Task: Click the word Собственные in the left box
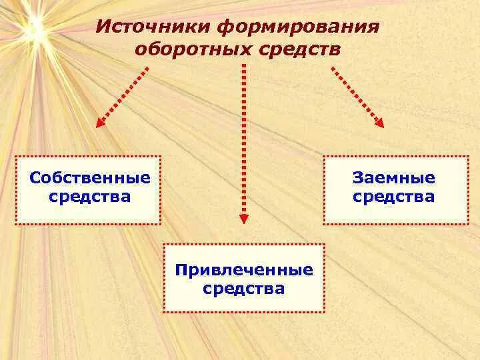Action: (x=90, y=178)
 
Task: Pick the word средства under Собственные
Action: (x=90, y=197)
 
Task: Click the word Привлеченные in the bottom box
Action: (x=244, y=270)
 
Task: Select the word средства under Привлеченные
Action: (x=244, y=289)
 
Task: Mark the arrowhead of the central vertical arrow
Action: (x=244, y=217)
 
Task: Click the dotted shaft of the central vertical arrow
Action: (x=244, y=133)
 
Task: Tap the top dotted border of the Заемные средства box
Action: (x=396, y=157)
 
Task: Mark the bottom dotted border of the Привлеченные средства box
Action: (x=244, y=311)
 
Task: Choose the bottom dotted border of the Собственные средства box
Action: (x=88, y=223)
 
